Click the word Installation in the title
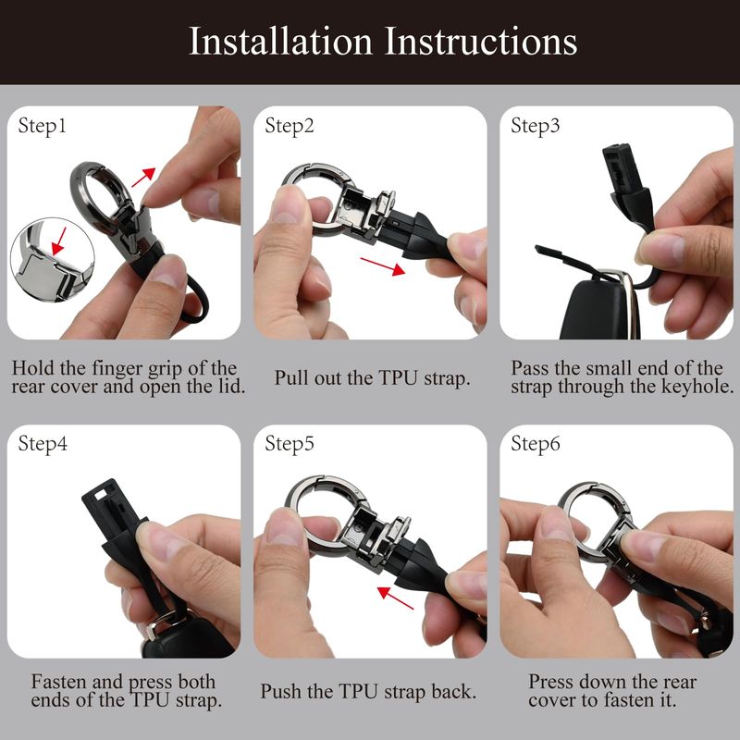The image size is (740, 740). pyautogui.click(x=281, y=41)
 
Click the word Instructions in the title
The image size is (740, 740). pyautogui.click(x=480, y=41)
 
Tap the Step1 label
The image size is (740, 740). pyautogui.click(x=42, y=126)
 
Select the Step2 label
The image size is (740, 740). pyautogui.click(x=289, y=126)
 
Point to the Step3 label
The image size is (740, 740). pyautogui.click(x=535, y=126)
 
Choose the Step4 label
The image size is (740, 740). pyautogui.click(x=43, y=444)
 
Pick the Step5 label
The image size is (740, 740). pyautogui.click(x=289, y=444)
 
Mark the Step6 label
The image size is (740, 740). pyautogui.click(x=536, y=444)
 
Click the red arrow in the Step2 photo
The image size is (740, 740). pyautogui.click(x=382, y=266)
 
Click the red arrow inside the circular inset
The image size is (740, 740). pyautogui.click(x=59, y=240)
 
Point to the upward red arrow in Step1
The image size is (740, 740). pyautogui.click(x=143, y=177)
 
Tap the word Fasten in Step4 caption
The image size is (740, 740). pyautogui.click(x=59, y=682)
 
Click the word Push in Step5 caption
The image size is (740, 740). pyautogui.click(x=281, y=691)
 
